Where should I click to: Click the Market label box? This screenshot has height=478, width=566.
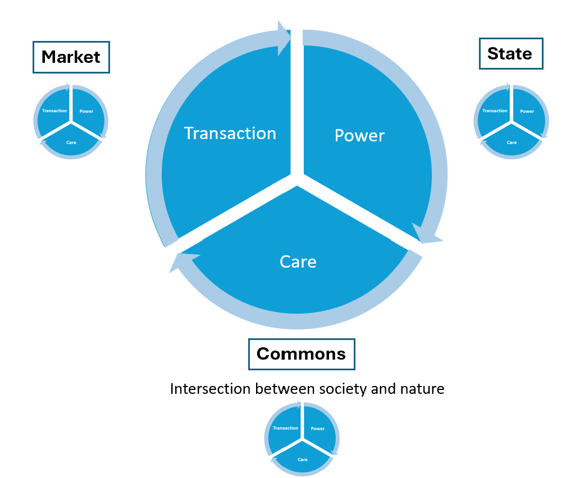click(71, 57)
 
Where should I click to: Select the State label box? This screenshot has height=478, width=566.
click(511, 53)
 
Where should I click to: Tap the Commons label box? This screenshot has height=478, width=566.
click(302, 354)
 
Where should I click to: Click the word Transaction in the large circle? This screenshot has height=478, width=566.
click(230, 134)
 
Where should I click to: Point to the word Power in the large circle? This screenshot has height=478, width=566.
click(359, 136)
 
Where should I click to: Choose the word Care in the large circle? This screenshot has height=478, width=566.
click(298, 261)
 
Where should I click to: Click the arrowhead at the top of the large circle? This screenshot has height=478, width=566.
click(284, 38)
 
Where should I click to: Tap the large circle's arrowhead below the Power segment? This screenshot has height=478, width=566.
click(426, 234)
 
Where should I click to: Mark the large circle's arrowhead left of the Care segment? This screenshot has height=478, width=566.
click(183, 261)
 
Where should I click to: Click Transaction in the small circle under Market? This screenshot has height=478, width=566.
click(54, 111)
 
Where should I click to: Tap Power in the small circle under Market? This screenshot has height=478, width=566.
click(86, 111)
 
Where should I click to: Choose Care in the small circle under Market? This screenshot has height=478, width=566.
click(71, 143)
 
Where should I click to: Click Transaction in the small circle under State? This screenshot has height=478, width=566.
click(495, 111)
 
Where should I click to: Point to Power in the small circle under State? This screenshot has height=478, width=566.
click(527, 111)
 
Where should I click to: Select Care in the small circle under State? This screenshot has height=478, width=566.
click(512, 143)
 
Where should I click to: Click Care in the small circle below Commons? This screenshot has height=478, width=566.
click(303, 459)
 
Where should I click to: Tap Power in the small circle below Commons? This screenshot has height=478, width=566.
click(318, 429)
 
